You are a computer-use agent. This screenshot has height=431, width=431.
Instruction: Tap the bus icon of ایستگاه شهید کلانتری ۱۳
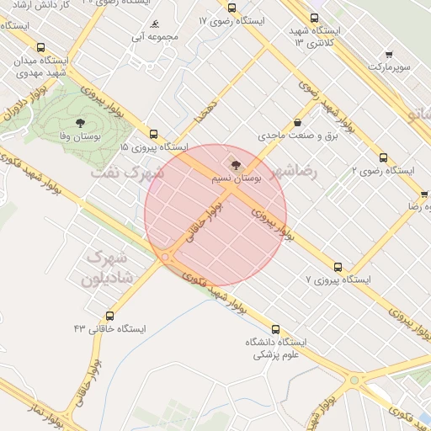pyautogui.click(x=314, y=18)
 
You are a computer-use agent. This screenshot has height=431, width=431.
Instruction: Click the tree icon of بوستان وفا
pyautogui.click(x=80, y=123)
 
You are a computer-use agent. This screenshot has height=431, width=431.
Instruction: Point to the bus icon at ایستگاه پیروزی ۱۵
pyautogui.click(x=153, y=134)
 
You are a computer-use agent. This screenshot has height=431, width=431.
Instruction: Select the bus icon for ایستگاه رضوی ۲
pyautogui.click(x=383, y=157)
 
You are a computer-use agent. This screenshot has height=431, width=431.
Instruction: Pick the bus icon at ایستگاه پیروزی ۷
pyautogui.click(x=338, y=266)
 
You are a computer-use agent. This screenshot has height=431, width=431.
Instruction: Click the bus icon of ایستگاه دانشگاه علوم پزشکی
pyautogui.click(x=275, y=329)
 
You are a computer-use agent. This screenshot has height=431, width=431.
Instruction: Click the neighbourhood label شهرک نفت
pyautogui.click(x=124, y=173)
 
